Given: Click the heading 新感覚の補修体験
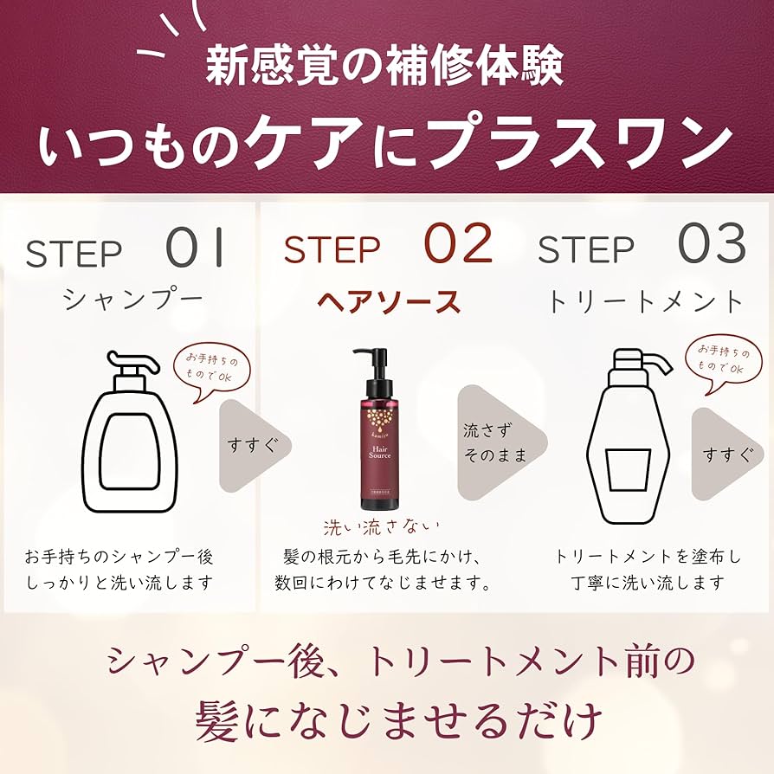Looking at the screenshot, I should click(x=386, y=66).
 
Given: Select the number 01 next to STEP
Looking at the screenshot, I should click(x=196, y=247).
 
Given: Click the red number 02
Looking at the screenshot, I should click(x=458, y=245).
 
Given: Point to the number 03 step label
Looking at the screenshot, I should click(x=712, y=245).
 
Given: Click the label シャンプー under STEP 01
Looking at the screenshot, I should click(x=132, y=300).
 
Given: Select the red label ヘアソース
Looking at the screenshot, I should click(x=388, y=301).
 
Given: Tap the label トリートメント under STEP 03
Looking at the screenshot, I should click(x=645, y=300).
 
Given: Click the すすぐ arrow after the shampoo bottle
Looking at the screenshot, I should click(x=251, y=444).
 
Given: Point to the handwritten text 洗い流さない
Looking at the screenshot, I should click(x=381, y=526).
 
